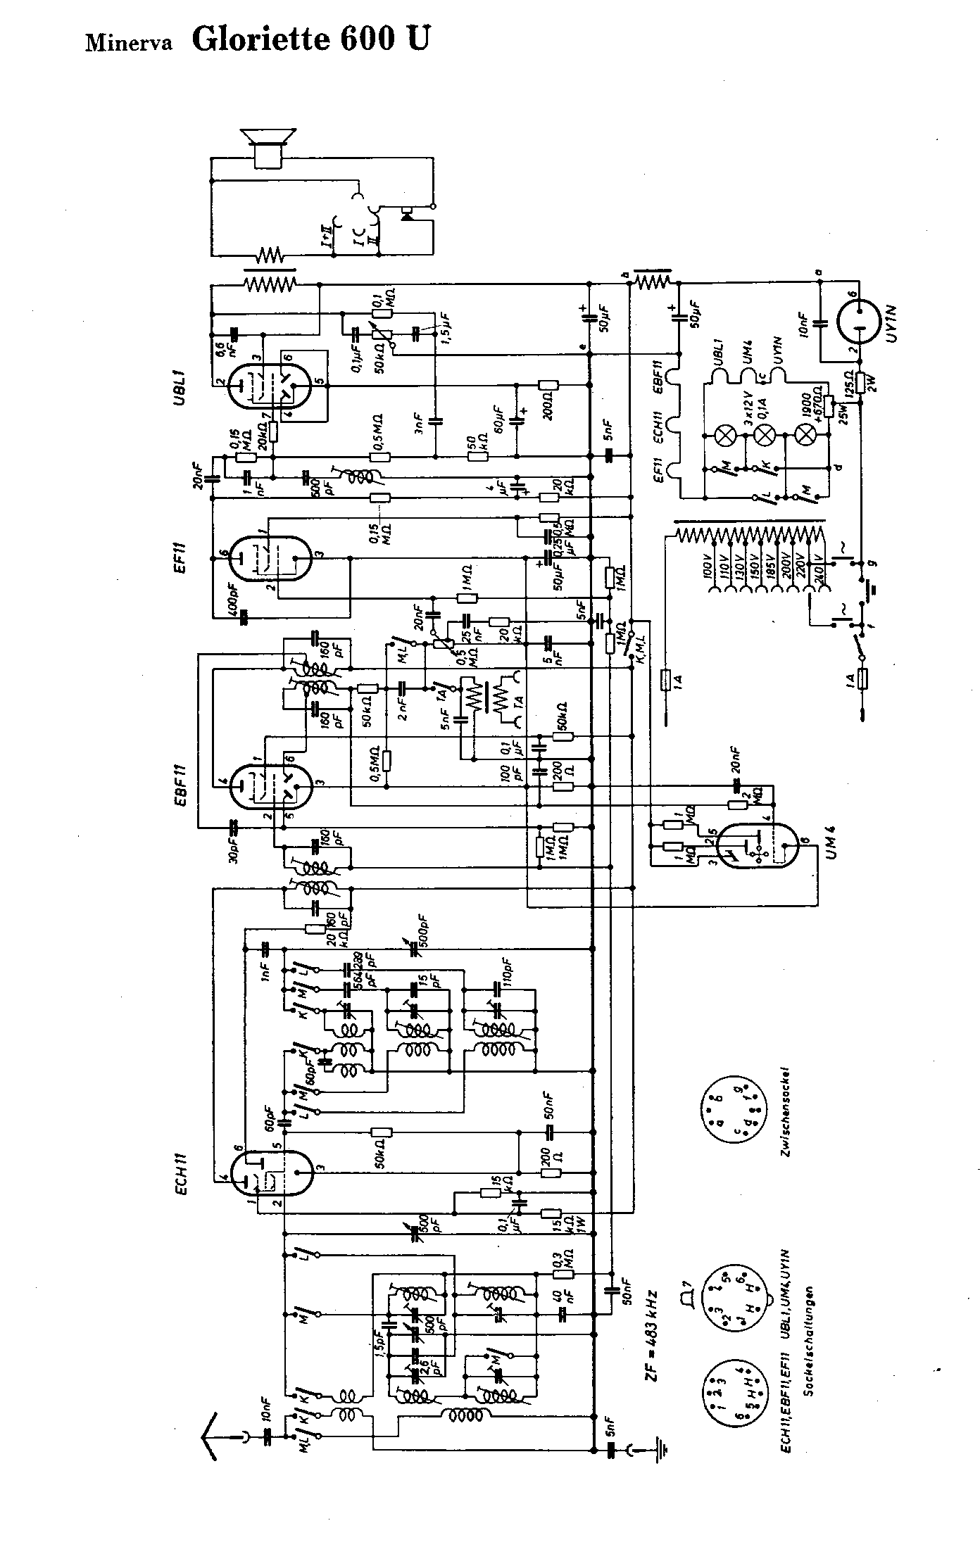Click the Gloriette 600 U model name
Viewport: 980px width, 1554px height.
(x=309, y=39)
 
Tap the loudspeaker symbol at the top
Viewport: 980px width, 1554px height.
(x=268, y=147)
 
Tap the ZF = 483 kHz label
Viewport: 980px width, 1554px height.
(x=652, y=1338)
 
